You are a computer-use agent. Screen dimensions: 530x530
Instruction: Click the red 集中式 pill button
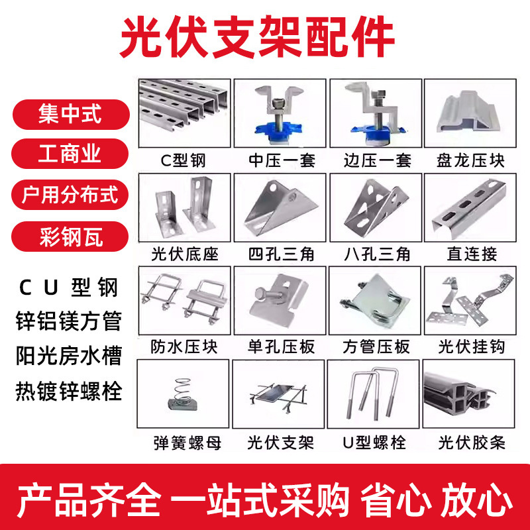tap(71, 114)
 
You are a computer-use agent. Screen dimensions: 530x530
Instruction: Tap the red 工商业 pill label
tap(70, 154)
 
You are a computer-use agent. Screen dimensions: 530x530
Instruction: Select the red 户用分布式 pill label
tap(70, 195)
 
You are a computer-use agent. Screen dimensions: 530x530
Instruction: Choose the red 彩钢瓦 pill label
tap(70, 237)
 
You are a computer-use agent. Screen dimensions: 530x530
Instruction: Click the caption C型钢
tap(183, 160)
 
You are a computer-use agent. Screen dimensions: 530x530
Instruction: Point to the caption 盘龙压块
tap(470, 160)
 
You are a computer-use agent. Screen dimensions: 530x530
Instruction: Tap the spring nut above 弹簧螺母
tap(183, 394)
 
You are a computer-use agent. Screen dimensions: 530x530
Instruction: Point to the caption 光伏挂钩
tap(472, 347)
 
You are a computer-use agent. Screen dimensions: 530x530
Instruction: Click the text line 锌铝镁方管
tap(69, 321)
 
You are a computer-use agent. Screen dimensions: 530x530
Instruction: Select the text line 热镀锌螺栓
tap(69, 391)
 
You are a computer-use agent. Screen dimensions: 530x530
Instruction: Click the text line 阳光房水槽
tap(69, 356)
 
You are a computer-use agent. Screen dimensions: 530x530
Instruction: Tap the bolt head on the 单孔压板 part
tap(260, 293)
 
